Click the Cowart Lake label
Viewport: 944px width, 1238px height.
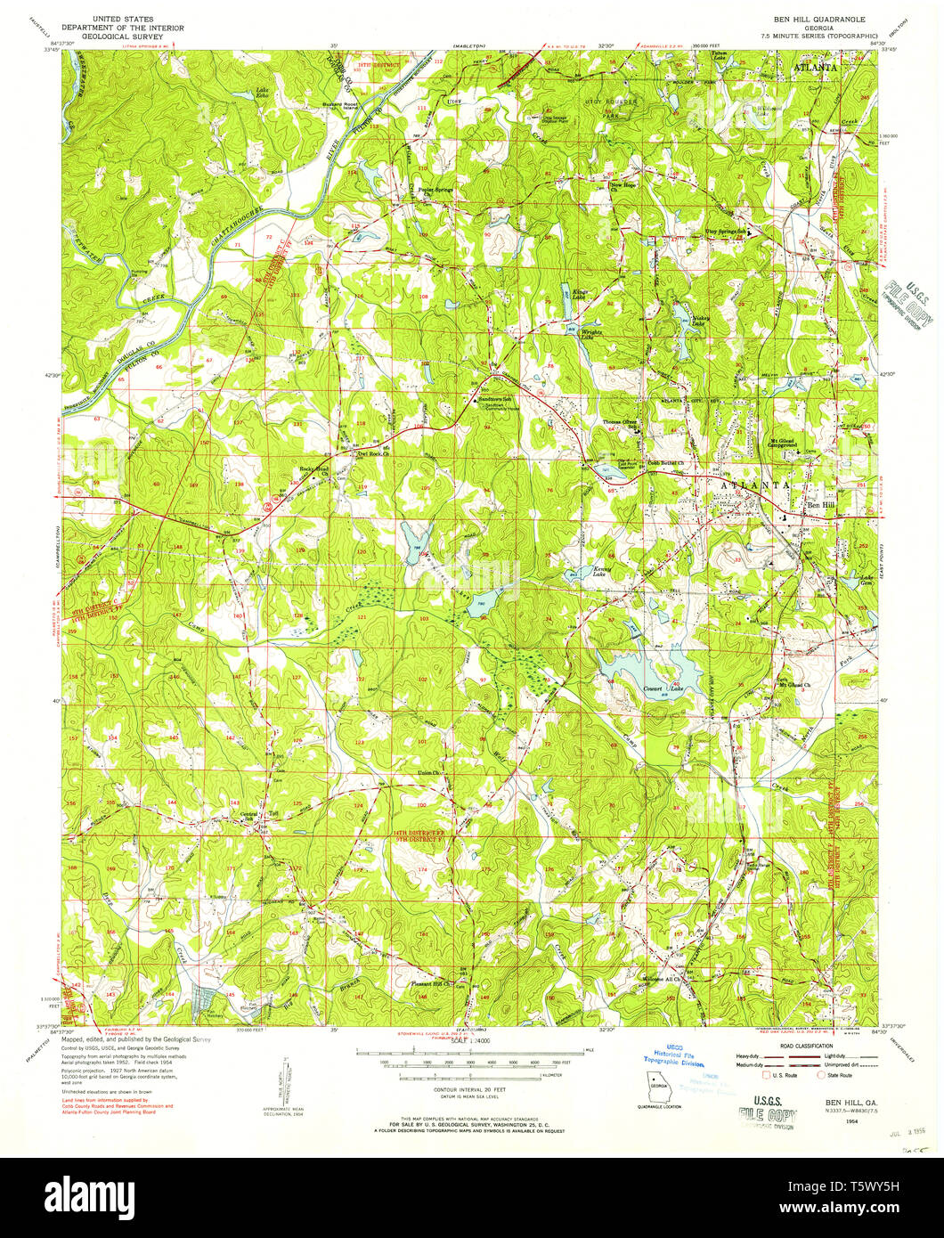click(x=663, y=688)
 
